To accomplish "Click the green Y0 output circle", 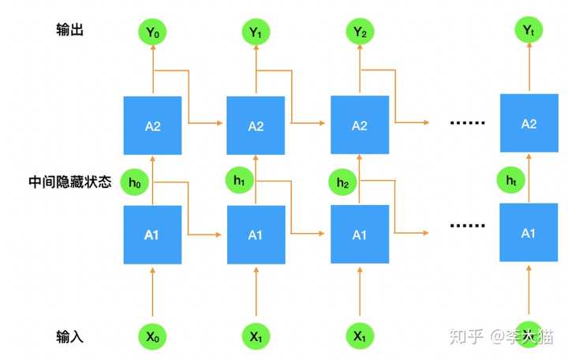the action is point(152,32).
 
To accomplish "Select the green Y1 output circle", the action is point(256,32).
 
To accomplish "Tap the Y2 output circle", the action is point(360,32).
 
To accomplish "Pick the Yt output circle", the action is point(529,30).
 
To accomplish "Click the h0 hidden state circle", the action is point(134,182).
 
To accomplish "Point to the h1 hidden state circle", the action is point(240,179).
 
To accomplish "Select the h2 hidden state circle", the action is point(342,182).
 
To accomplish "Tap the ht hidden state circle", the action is point(510,180).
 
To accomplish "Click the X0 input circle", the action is point(152,336).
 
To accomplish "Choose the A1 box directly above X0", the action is point(152,234).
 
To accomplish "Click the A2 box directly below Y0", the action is point(152,126).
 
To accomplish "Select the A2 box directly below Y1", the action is point(256,126).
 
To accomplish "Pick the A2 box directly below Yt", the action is point(529,123).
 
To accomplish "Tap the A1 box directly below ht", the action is point(529,232).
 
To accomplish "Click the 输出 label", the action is point(70,30).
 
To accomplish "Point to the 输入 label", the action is point(70,336).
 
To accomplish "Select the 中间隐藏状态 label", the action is point(70,182).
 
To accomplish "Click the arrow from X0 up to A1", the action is point(152,292).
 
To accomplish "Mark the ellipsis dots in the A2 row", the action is point(467,123).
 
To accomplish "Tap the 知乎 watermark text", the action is point(466,336).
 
